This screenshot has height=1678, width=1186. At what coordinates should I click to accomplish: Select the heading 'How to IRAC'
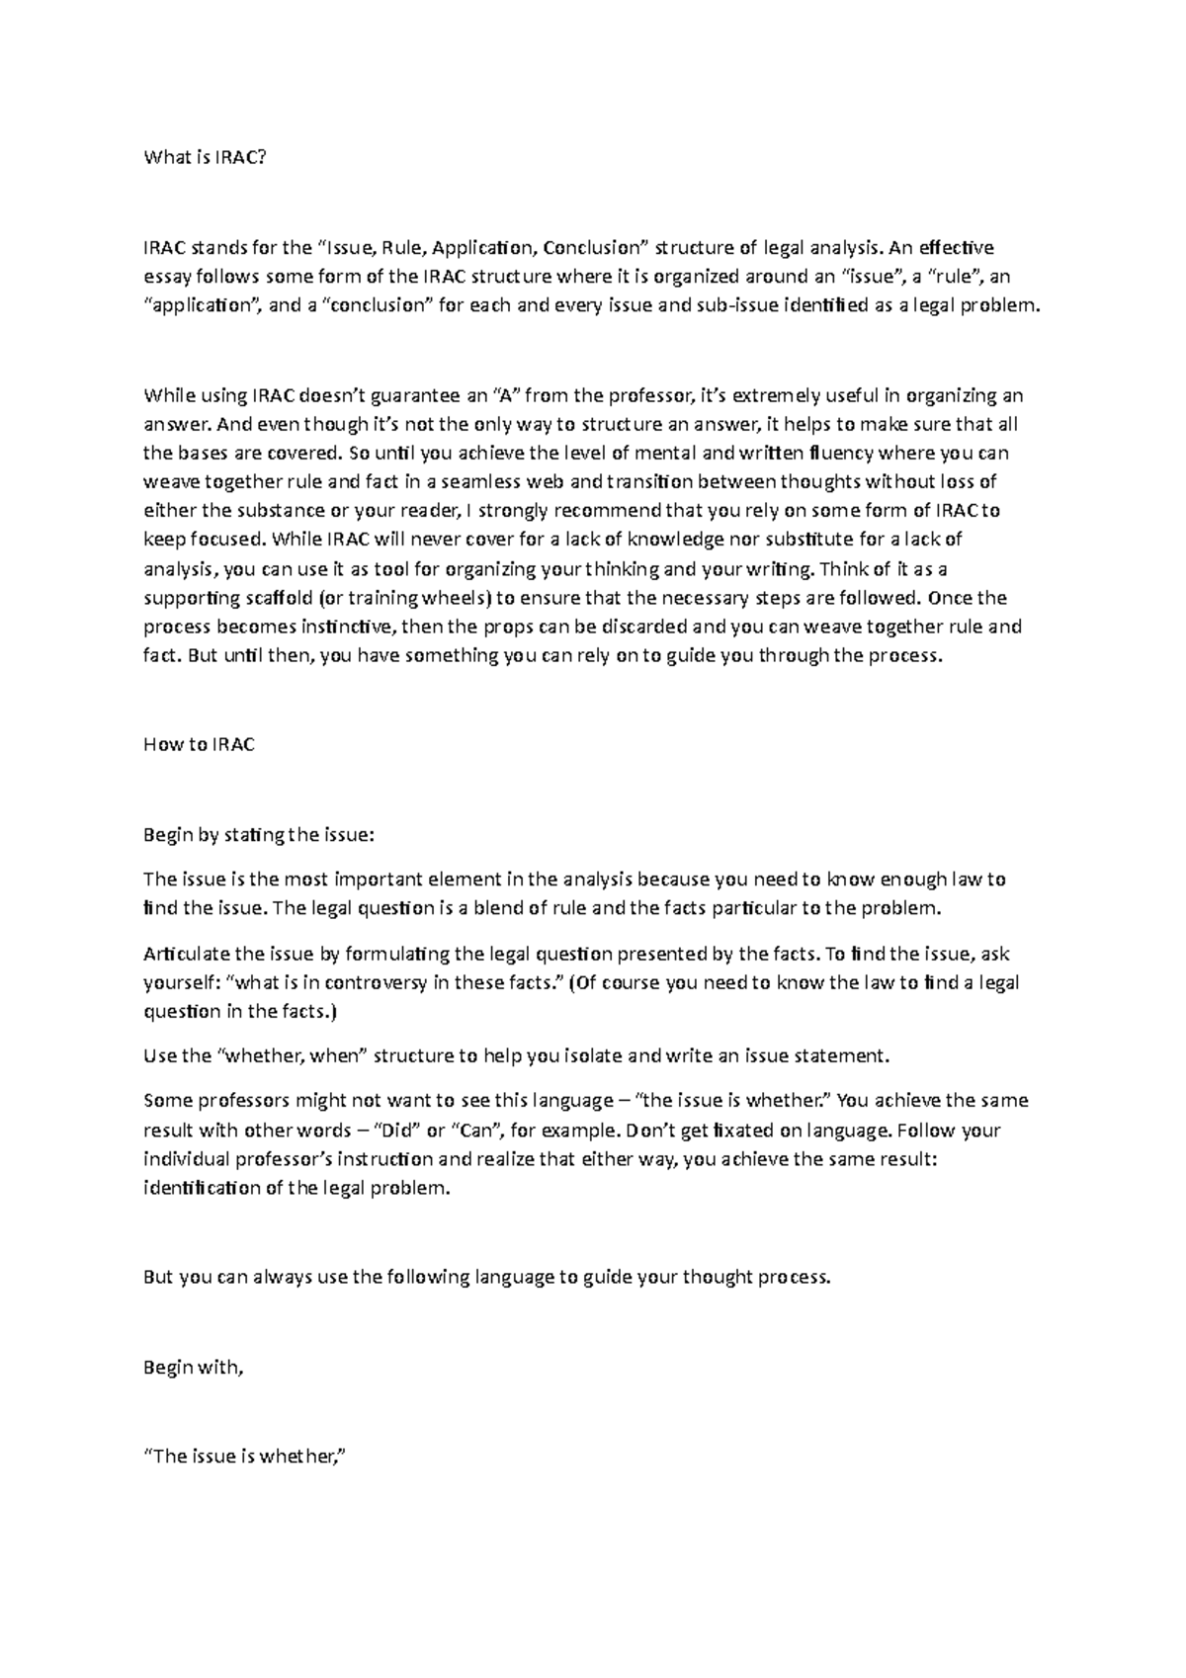(199, 744)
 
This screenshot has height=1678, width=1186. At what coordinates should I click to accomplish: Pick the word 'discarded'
(612, 627)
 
